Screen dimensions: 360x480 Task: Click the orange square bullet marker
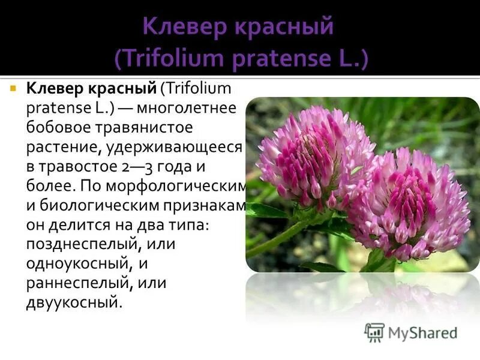(x=13, y=88)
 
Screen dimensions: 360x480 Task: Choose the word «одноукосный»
(x=77, y=263)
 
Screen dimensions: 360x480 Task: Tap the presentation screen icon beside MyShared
(x=374, y=332)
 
